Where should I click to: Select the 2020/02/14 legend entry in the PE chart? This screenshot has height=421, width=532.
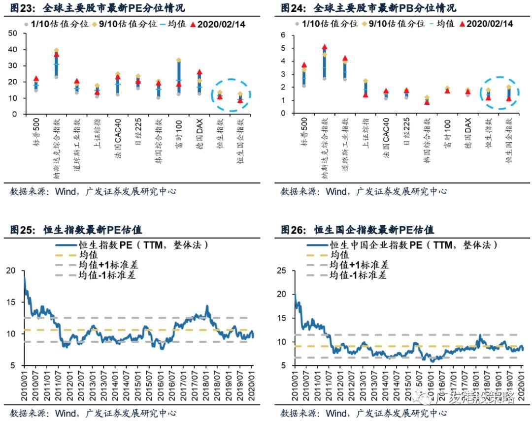(x=217, y=24)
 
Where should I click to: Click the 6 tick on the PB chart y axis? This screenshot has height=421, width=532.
(x=283, y=35)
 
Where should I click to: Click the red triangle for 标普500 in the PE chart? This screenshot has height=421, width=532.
(x=36, y=79)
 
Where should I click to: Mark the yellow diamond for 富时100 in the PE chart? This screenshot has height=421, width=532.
(x=179, y=60)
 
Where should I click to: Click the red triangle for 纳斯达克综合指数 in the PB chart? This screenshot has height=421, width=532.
(x=324, y=47)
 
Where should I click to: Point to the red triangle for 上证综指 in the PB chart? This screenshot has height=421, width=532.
(x=366, y=94)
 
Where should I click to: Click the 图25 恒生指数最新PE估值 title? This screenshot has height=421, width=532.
(x=76, y=230)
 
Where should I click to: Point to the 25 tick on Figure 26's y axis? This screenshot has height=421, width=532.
(x=283, y=271)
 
